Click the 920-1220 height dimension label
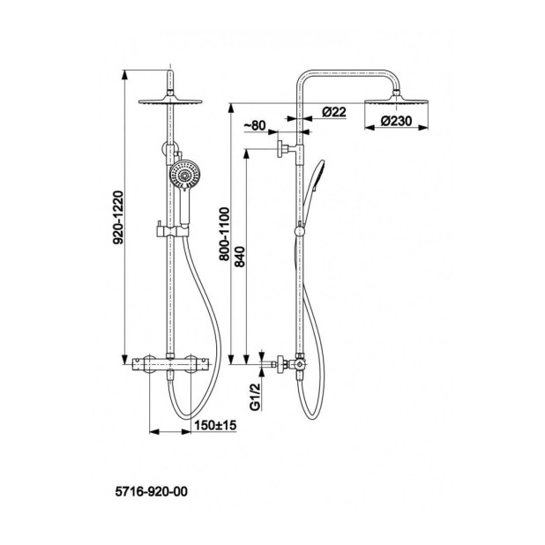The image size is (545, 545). point(118,217)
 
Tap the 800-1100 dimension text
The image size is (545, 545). point(225,234)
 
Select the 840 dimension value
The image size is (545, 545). point(240,257)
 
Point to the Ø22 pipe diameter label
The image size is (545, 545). point(334,112)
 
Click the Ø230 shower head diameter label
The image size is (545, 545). point(396,121)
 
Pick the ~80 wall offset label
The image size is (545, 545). point(255,125)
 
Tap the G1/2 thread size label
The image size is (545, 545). point(256,397)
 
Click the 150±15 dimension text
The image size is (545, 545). point(215,425)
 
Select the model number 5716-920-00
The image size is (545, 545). point(151,491)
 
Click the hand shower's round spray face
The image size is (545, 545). point(184,174)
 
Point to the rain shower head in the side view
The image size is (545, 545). point(396,99)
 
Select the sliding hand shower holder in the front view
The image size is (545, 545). point(172,230)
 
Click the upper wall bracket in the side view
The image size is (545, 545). point(287,149)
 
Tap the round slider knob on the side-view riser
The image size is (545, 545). point(299,231)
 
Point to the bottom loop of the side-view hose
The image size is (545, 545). point(312,413)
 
